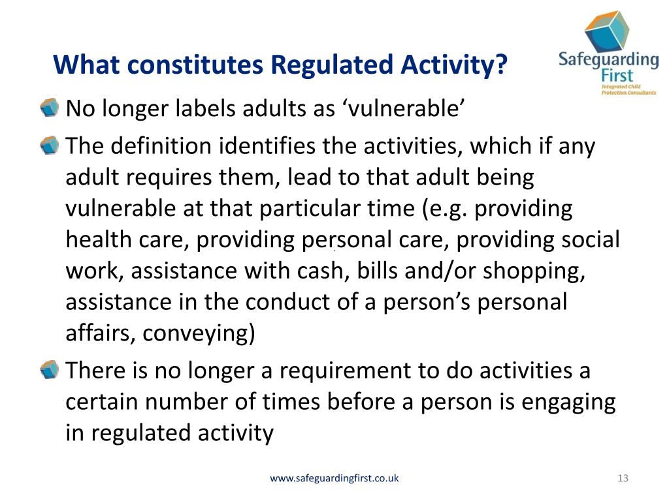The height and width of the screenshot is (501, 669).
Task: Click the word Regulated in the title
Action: click(331, 65)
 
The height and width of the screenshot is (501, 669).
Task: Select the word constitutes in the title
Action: click(195, 65)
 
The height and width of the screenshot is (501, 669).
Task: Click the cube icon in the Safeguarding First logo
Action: click(607, 31)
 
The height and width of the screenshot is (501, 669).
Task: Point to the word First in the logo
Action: click(617, 76)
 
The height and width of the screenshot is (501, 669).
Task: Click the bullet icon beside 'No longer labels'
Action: click(49, 108)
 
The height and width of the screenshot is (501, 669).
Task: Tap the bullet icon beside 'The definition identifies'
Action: click(49, 145)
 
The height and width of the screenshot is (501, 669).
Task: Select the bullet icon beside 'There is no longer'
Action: click(49, 369)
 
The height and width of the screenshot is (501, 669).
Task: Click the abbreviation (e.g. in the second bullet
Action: click(444, 209)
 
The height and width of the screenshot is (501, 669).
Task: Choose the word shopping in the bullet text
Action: click(534, 271)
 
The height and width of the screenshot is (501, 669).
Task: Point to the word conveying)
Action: click(199, 333)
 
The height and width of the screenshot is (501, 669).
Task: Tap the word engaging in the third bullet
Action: click(568, 402)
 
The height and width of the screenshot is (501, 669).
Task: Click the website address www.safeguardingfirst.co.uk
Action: click(334, 478)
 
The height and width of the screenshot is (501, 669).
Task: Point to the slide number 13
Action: click(623, 478)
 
